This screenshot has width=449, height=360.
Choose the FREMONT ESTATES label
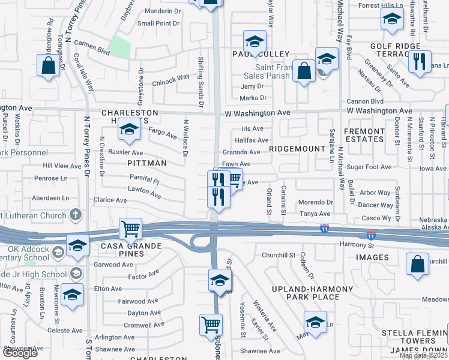click(x=363, y=135)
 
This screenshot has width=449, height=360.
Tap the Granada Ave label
click(x=241, y=152)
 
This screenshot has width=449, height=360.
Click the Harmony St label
click(x=357, y=245)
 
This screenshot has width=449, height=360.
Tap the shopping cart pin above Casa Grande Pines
click(x=130, y=229)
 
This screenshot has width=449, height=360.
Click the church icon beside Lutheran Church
click(x=76, y=214)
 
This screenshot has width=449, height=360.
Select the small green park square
click(x=120, y=47)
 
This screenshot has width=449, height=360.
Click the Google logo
click(x=19, y=353)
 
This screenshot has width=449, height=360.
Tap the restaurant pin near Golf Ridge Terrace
click(x=419, y=61)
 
